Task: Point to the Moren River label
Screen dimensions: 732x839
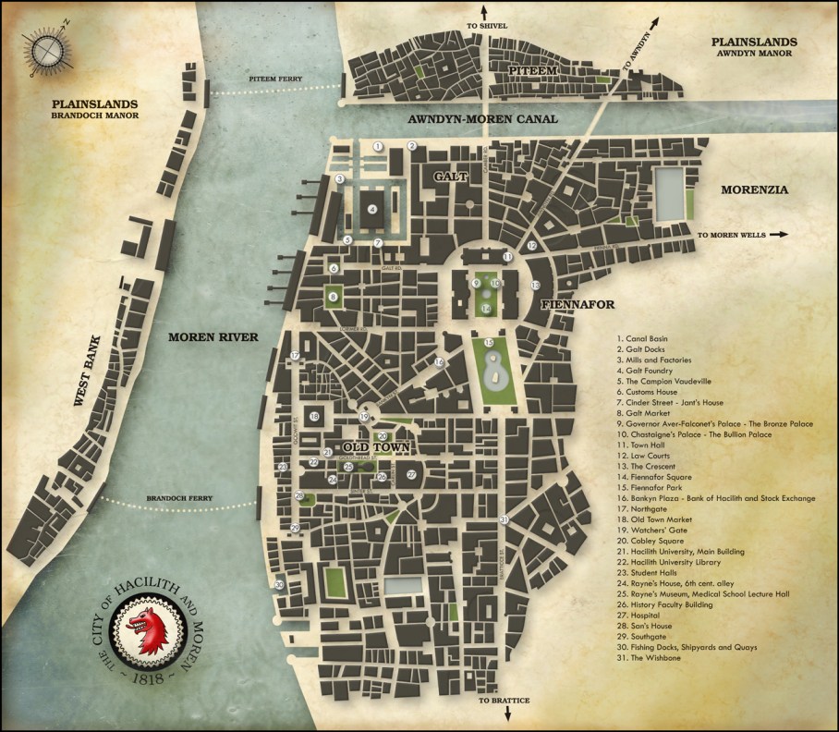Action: click(212, 336)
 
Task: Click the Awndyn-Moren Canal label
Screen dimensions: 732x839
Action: click(471, 120)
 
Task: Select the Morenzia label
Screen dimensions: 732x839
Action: click(754, 189)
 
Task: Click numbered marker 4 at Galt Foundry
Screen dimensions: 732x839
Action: click(371, 209)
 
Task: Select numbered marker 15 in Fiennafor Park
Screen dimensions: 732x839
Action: click(488, 343)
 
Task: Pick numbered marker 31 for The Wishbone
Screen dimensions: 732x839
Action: click(504, 520)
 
